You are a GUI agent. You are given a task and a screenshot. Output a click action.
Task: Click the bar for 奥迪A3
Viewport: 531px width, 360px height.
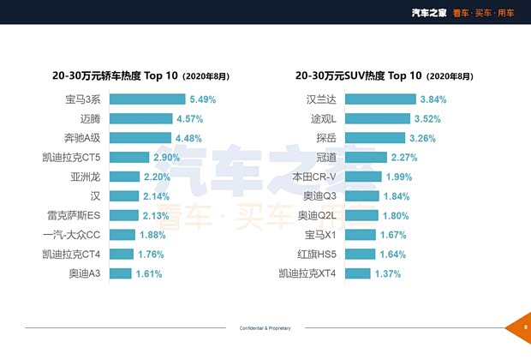point(120,274)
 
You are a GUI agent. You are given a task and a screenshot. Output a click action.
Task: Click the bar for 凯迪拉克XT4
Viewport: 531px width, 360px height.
point(360,274)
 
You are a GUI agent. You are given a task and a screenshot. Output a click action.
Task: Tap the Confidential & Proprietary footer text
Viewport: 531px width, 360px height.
point(265,327)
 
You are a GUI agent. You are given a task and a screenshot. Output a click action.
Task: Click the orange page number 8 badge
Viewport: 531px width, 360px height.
point(523,327)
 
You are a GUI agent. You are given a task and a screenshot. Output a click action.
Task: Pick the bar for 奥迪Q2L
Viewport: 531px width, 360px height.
point(366,216)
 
